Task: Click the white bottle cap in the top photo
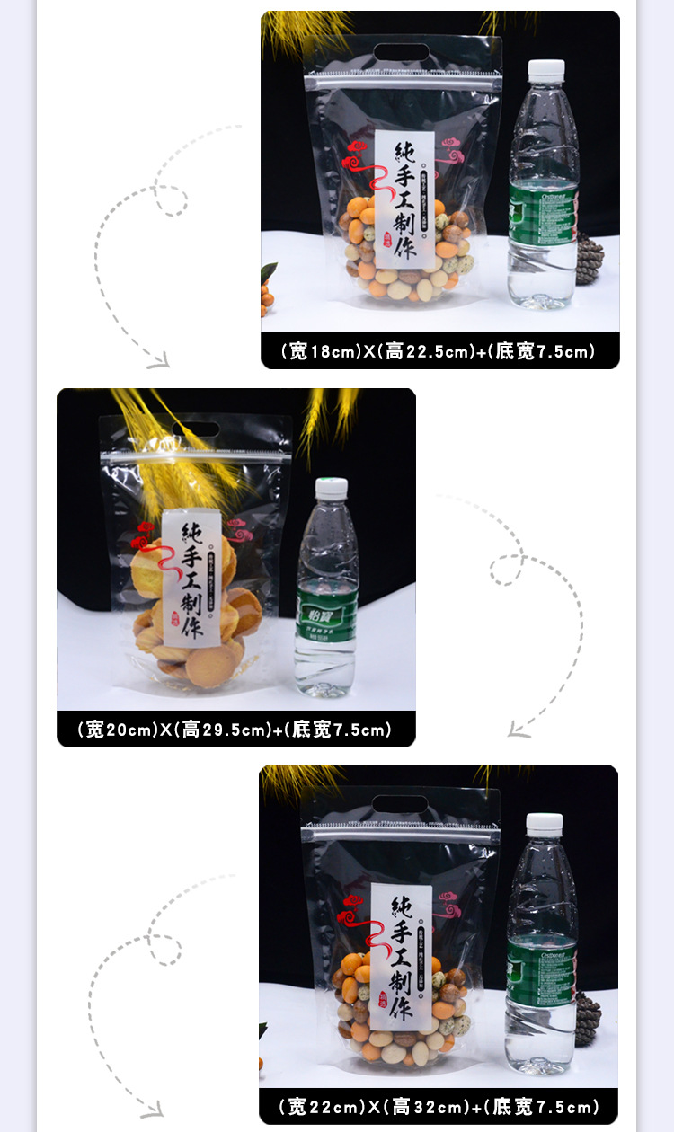click(x=546, y=70)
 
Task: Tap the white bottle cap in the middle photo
click(x=331, y=489)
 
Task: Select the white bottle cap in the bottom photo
click(x=545, y=824)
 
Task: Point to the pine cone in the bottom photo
click(x=587, y=1019)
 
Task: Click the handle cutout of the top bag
click(x=402, y=51)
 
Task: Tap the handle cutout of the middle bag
click(x=196, y=429)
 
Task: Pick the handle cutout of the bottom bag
click(x=400, y=804)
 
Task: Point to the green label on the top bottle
click(x=543, y=215)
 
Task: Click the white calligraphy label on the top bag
click(x=404, y=200)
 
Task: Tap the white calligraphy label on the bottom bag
click(x=401, y=956)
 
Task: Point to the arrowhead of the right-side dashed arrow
click(x=518, y=731)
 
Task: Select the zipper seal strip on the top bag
click(x=402, y=81)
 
